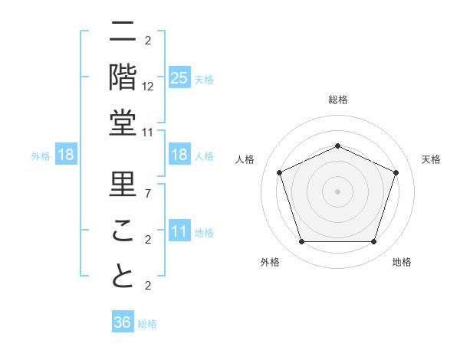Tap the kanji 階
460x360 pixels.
[123, 77]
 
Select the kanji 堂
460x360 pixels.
[123, 123]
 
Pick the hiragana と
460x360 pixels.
[123, 277]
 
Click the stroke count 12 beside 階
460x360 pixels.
[149, 87]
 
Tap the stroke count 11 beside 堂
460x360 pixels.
[149, 133]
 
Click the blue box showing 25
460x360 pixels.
[179, 78]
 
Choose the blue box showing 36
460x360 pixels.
[122, 323]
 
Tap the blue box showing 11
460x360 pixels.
[179, 232]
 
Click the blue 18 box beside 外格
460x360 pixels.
[66, 155]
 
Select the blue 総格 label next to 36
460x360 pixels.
[148, 324]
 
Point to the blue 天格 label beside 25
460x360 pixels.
[204, 79]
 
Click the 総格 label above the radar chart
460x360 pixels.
[337, 100]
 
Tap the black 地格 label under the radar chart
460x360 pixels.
[402, 262]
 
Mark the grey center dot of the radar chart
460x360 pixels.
[337, 191]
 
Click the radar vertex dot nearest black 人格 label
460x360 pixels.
[279, 172]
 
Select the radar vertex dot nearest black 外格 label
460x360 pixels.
[301, 242]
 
